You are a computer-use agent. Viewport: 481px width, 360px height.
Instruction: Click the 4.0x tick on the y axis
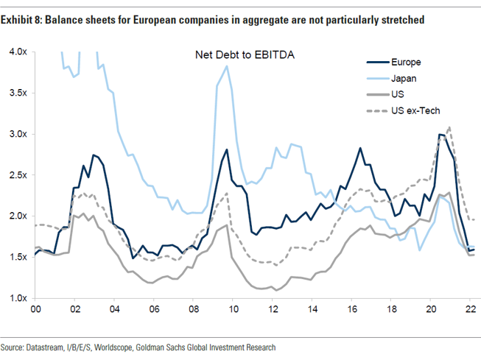click(x=18, y=52)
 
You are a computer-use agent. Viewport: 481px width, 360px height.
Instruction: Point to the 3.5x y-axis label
click(x=18, y=93)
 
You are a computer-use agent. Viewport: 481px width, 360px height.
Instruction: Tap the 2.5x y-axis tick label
click(x=18, y=174)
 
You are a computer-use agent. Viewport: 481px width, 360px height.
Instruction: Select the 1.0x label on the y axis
click(x=18, y=297)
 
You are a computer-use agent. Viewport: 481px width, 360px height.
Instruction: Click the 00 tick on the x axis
click(x=35, y=310)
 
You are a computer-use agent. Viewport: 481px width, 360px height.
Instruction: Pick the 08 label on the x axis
click(x=193, y=310)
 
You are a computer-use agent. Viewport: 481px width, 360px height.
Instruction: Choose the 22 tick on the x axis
click(x=470, y=310)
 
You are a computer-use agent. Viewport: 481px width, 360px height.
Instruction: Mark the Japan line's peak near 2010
click(x=228, y=66)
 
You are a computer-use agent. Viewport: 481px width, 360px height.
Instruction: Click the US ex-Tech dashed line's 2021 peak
click(x=449, y=127)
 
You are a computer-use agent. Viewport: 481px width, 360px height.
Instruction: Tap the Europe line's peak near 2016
click(x=360, y=148)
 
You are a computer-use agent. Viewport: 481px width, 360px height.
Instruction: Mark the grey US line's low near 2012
click(x=277, y=290)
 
